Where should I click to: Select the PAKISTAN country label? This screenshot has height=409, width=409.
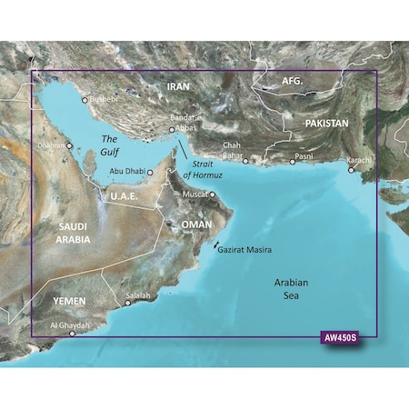click(314, 122)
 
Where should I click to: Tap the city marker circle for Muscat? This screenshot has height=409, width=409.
click(213, 194)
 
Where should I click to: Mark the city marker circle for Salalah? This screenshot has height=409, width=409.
click(128, 303)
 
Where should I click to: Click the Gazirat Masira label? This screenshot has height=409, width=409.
click(246, 249)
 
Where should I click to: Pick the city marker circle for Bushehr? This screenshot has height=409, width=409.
click(85, 100)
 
